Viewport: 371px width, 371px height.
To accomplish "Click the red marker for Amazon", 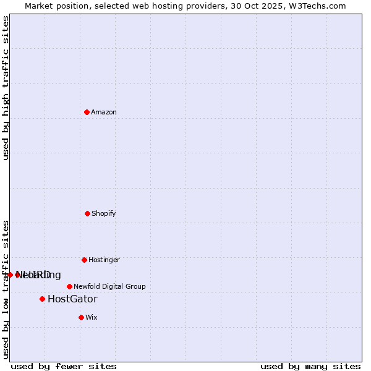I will pos(87,112).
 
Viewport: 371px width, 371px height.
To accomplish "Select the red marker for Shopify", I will pos(87,213).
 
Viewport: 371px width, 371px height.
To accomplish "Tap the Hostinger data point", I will pos(84,260).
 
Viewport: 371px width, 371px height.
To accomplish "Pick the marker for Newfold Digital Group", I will pos(69,286).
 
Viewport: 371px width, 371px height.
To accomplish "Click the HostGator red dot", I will pos(42,299).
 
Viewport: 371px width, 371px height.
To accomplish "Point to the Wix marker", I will pos(81,317).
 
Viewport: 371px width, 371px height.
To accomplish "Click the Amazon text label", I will pos(104,112).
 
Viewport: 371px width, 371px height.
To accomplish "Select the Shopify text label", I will pos(104,213).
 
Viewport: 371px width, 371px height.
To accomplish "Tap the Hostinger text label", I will pos(104,260).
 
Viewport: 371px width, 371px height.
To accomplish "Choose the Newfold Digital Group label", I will pos(109,286).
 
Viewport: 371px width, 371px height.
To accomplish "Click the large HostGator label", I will pos(72,299).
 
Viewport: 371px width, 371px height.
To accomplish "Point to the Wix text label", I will pos(92,317).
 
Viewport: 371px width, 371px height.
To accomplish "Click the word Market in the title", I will pos(40,6).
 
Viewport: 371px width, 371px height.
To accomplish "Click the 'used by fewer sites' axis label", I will pos(64,366).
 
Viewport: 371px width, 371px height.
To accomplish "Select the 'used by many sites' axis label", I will pos(310,366).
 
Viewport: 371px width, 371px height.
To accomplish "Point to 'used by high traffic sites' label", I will pos(6,88).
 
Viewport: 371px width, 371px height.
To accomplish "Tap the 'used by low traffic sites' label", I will pos(6,289).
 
